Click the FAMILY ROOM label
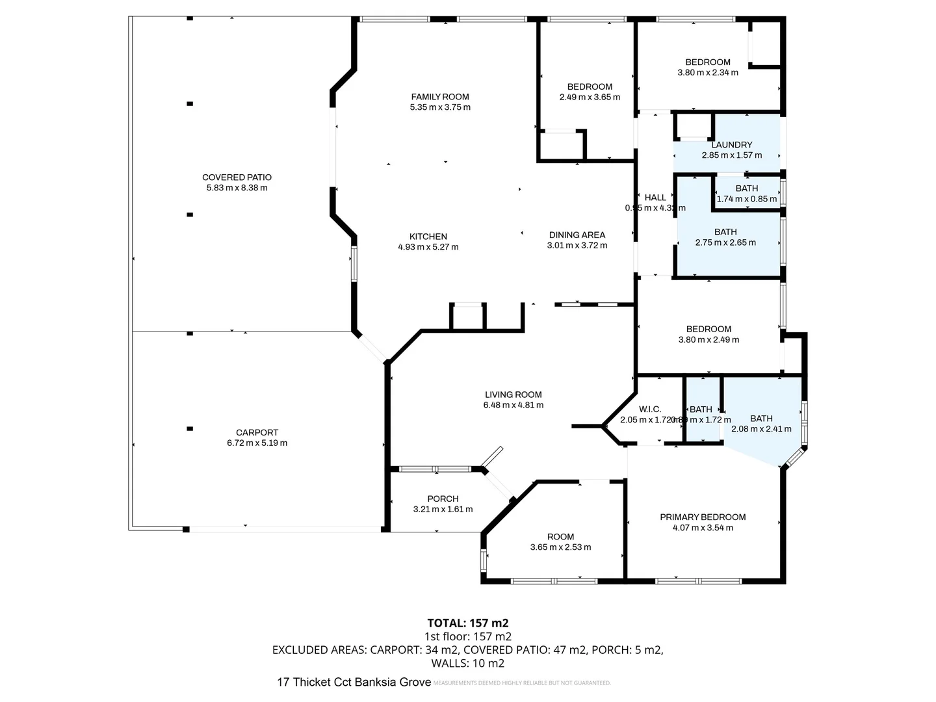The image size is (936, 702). (x=440, y=97)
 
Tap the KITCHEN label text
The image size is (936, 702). (x=428, y=237)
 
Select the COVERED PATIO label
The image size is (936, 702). (x=237, y=177)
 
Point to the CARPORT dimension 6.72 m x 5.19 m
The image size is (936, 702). (x=257, y=443)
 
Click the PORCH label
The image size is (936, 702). (x=443, y=499)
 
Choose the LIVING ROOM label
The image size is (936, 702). (x=513, y=395)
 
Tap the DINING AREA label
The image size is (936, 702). (x=577, y=235)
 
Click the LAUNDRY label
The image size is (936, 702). (x=731, y=145)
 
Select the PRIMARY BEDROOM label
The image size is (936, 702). (x=703, y=517)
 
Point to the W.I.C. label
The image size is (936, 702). (x=649, y=409)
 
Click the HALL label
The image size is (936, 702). (x=655, y=198)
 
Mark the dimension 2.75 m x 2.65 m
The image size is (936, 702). (x=725, y=242)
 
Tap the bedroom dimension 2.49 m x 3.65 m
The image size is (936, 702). (x=590, y=97)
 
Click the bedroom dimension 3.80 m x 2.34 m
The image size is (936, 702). (x=708, y=73)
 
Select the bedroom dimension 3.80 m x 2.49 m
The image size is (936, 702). (x=708, y=339)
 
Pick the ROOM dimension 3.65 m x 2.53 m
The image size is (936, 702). (x=560, y=547)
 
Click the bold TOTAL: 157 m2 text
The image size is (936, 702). (x=467, y=623)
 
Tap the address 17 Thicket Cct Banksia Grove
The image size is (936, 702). (x=354, y=682)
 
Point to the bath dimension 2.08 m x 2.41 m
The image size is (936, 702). (x=761, y=429)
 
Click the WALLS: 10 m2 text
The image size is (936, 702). (x=467, y=664)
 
